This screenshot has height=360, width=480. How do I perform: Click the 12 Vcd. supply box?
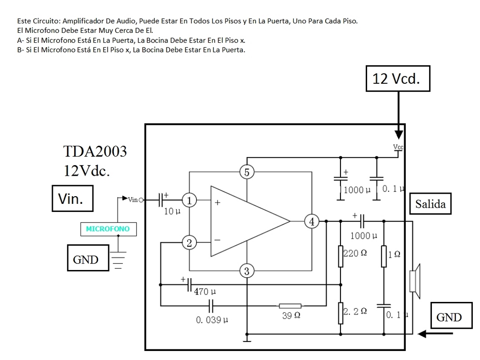pyautogui.click(x=398, y=78)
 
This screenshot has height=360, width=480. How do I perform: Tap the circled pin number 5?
pyautogui.click(x=247, y=172)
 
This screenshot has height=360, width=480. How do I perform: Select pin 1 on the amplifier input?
pyautogui.click(x=189, y=201)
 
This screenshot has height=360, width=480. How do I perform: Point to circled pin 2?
pyautogui.click(x=189, y=243)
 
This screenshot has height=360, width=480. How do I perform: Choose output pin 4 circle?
pyautogui.click(x=311, y=221)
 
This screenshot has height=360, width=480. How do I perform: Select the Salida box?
pyautogui.click(x=430, y=204)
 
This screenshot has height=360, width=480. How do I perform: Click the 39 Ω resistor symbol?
pyautogui.click(x=290, y=306)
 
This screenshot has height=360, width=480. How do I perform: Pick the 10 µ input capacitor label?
pyautogui.click(x=172, y=211)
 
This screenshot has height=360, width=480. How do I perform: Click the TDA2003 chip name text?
pyautogui.click(x=95, y=151)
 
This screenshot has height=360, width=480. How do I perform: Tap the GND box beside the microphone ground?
pyautogui.click(x=86, y=259)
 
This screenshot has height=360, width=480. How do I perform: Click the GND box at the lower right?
pyautogui.click(x=449, y=317)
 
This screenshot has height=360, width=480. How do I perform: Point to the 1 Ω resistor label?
pyautogui.click(x=394, y=255)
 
